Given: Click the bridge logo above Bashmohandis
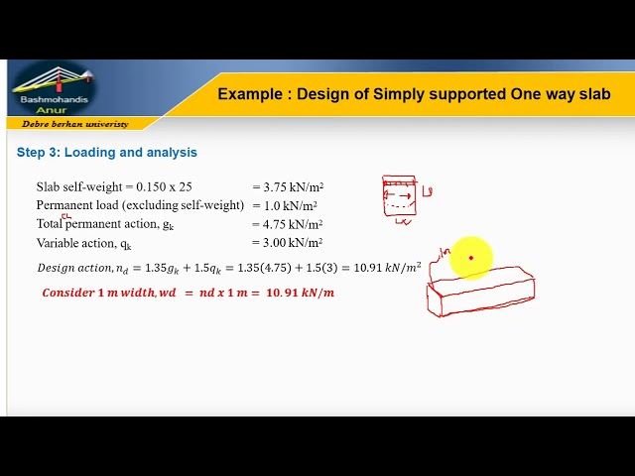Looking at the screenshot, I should coord(56,80).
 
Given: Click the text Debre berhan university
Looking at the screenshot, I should coord(74,124).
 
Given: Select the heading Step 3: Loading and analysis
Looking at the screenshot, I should coord(107,153).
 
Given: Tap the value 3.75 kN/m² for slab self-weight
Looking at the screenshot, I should coord(287,187).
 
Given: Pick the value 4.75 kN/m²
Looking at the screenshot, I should coord(287,224).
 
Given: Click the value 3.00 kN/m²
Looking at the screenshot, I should coord(287,243).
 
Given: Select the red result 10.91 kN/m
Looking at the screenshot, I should coord(300,294).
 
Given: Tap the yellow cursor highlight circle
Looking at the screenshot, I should coord(471,258).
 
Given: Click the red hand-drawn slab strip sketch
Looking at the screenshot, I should coord(481,294).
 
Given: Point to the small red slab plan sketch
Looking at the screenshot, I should coord(399,196).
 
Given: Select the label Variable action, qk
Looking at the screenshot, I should coord(84,243).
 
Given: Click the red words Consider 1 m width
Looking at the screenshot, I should coord(98,294).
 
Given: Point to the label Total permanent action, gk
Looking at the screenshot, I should coord(105,224).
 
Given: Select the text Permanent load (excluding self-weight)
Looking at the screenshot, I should coord(140,205).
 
